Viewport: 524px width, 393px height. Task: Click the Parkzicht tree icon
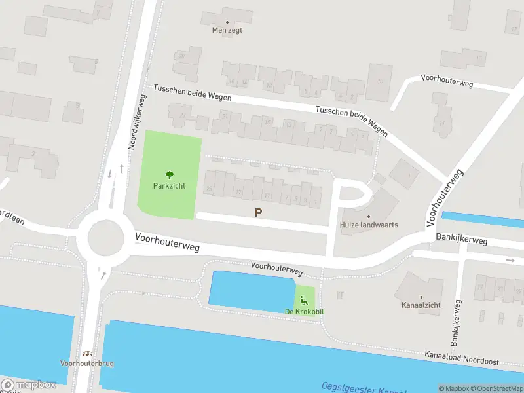pyautogui.click(x=169, y=175)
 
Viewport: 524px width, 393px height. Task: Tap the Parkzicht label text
pyautogui.click(x=169, y=186)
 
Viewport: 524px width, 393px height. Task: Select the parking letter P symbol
pyautogui.click(x=259, y=212)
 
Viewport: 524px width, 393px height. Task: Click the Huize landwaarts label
pyautogui.click(x=369, y=225)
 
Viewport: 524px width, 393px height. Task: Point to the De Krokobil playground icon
pyautogui.click(x=303, y=301)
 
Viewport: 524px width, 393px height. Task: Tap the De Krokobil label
pyautogui.click(x=304, y=311)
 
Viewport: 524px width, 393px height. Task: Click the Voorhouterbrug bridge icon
pyautogui.click(x=86, y=354)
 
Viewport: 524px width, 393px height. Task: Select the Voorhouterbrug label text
pyautogui.click(x=86, y=364)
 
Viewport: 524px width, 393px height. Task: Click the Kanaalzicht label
pyautogui.click(x=421, y=305)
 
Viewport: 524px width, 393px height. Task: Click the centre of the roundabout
pyautogui.click(x=105, y=237)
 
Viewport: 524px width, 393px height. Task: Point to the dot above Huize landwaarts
pyautogui.click(x=369, y=216)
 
